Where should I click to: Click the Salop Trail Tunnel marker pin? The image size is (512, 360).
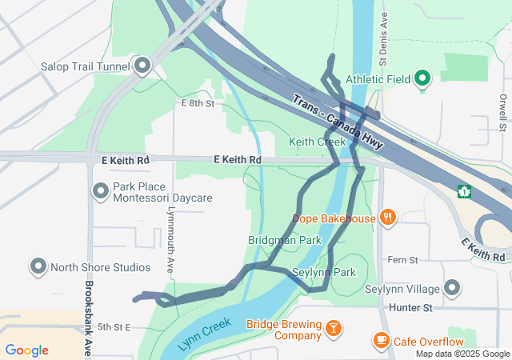143,65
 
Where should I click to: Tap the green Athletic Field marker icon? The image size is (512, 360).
422,78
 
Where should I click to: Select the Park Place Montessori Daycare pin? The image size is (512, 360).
101,190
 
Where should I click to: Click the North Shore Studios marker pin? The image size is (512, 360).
38,266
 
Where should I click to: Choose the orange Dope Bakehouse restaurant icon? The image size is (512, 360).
387,217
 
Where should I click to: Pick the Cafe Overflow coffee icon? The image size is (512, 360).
382,340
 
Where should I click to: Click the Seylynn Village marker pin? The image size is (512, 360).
452,287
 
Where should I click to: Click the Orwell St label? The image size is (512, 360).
502,112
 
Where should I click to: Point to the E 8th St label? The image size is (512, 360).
198,104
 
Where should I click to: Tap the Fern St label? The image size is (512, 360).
402,260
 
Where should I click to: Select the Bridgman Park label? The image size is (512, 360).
284,240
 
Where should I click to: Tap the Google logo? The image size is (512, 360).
26,350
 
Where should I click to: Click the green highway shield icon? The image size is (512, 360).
463,191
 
